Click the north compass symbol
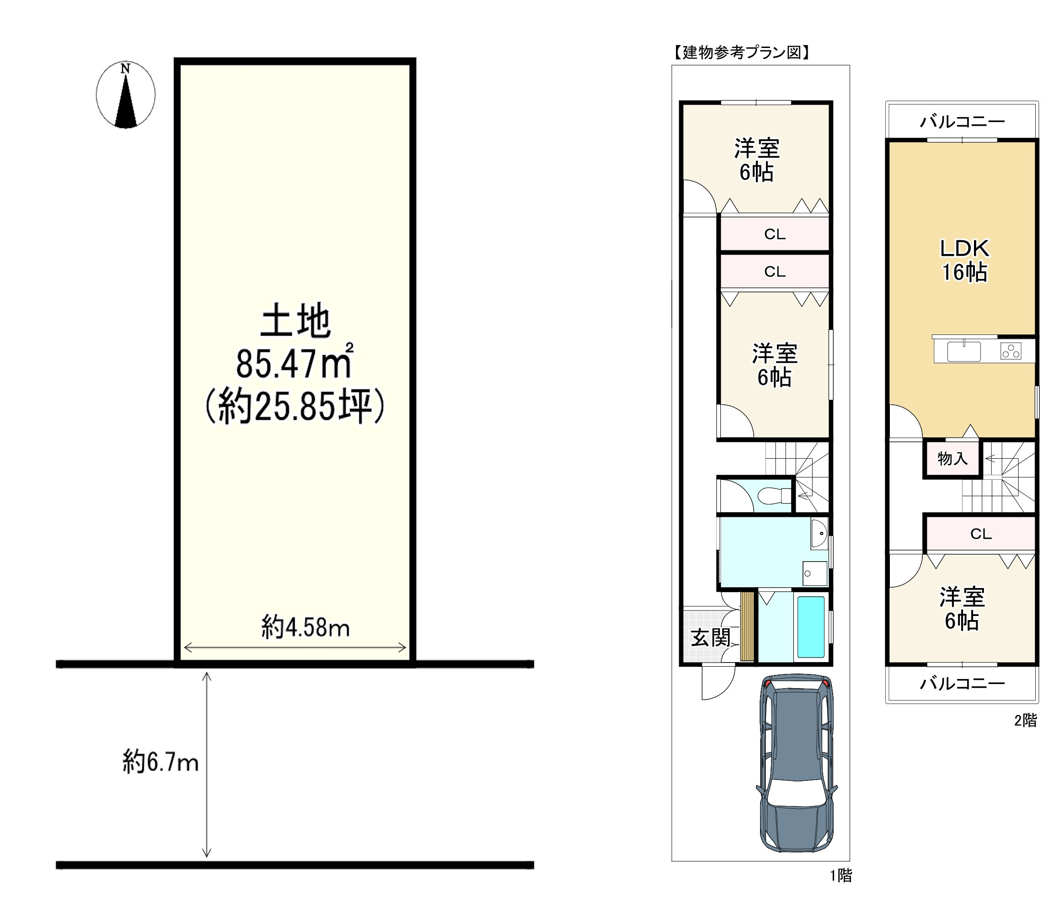[x=125, y=95]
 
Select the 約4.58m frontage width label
[x=305, y=627]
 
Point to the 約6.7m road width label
[x=160, y=762]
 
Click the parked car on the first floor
[x=797, y=764]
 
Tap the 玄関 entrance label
[x=710, y=638]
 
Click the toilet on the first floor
[x=774, y=495]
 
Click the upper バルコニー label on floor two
[x=962, y=121]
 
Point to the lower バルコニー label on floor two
[x=962, y=683]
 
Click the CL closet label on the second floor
[x=981, y=534]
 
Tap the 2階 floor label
[x=1026, y=721]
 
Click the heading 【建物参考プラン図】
[x=741, y=52]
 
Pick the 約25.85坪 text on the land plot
[x=295, y=406]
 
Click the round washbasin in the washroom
[x=819, y=534]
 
